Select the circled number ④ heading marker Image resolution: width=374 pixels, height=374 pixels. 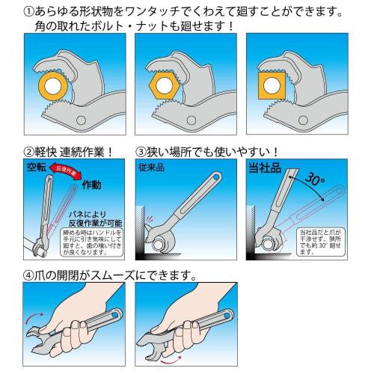pyautogui.click(x=29, y=274)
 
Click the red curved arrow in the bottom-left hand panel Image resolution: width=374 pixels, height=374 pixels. pyautogui.click(x=37, y=315)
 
